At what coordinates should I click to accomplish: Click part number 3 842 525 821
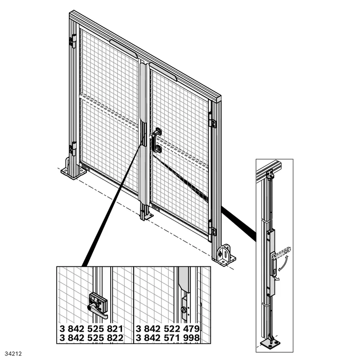91,329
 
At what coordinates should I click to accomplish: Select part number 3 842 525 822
91,338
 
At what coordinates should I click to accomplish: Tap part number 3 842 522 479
167,329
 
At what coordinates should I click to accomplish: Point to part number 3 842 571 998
167,338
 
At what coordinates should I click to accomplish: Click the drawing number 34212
13,354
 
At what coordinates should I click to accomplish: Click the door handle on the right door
157,140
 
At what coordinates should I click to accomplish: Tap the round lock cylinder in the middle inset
184,310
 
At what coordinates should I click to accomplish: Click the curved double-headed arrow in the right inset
283,263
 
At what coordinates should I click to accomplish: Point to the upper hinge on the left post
72,41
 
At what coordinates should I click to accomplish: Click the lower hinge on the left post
72,148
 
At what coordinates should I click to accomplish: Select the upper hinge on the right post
212,120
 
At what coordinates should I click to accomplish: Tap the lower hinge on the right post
212,228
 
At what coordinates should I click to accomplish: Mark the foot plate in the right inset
270,343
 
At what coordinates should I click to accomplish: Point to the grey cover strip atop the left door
123,48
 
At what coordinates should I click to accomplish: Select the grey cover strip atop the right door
163,72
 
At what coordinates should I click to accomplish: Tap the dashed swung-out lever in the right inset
282,253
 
